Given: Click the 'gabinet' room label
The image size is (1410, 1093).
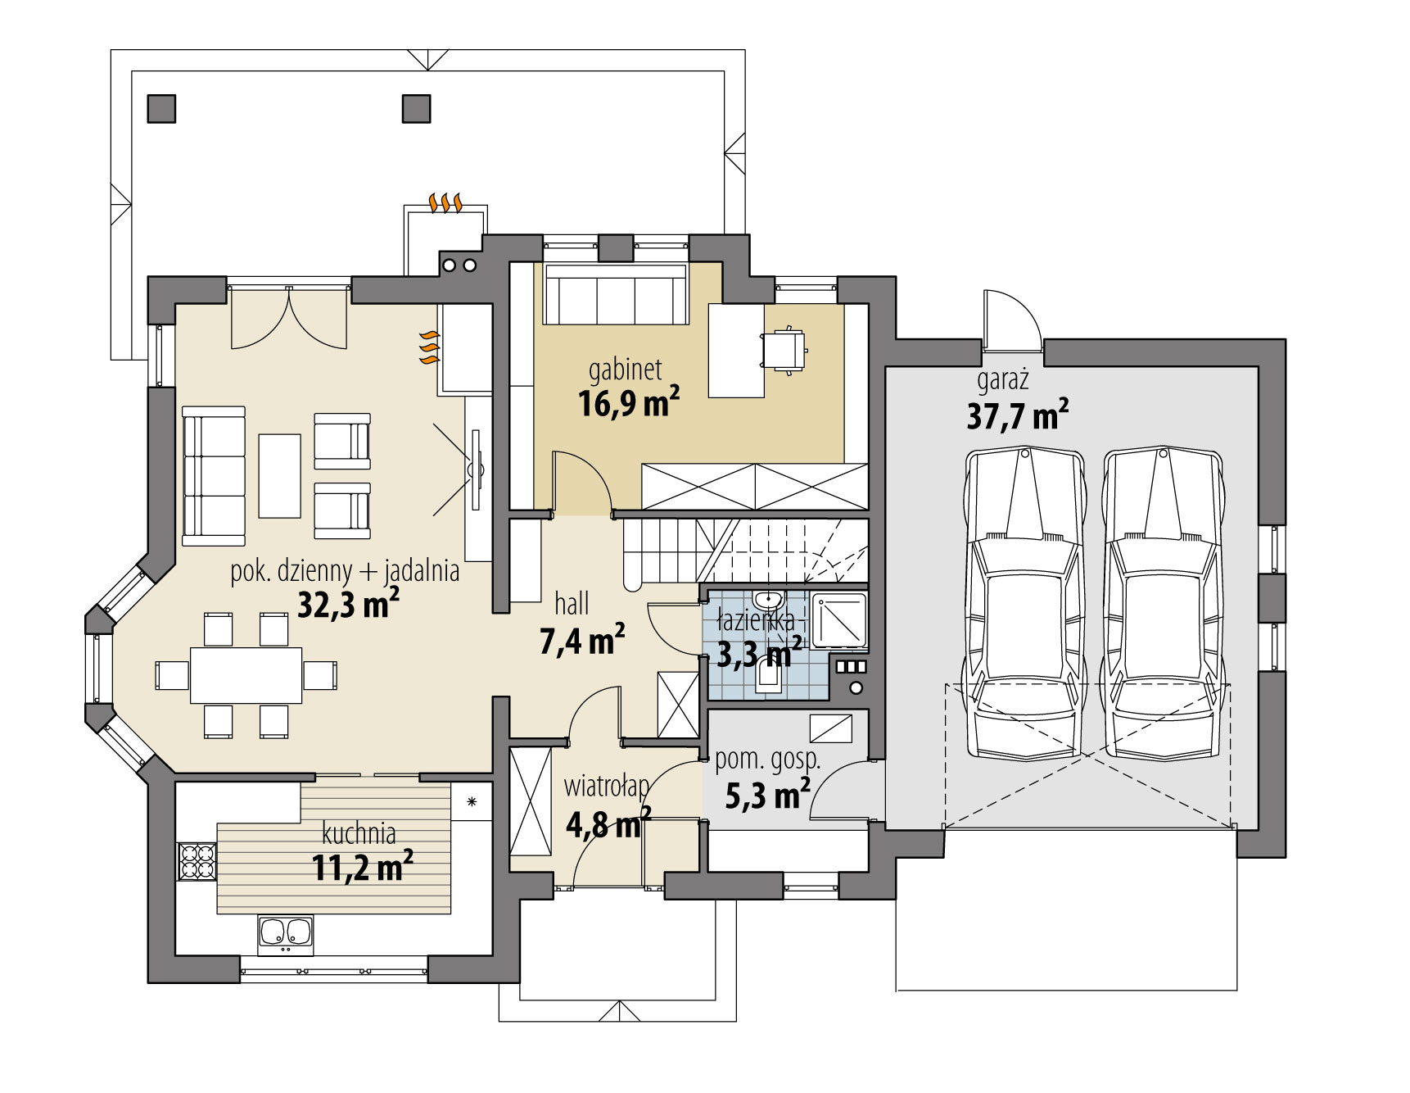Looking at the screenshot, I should tap(625, 370).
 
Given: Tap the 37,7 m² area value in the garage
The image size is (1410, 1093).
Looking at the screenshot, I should tap(1017, 415).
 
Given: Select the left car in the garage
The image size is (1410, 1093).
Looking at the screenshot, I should tap(1025, 602).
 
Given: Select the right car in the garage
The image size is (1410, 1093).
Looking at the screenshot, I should tap(1164, 602).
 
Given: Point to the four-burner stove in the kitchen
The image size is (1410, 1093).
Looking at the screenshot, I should tap(197, 861).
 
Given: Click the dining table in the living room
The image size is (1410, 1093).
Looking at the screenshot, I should tap(246, 675).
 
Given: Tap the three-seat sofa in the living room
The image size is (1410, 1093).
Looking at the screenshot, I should tap(214, 475).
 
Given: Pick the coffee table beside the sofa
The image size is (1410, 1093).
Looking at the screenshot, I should tap(279, 475).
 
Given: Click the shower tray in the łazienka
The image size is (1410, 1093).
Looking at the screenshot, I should tap(839, 619).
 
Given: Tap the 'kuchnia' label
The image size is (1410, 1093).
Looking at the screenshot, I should tap(359, 834).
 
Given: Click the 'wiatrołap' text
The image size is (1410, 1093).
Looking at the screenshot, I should tap(606, 787).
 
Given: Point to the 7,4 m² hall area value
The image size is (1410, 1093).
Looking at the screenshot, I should tap(582, 641).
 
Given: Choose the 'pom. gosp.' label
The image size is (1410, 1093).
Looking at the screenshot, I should tap(767, 760).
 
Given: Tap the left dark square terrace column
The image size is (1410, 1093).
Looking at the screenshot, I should tap(161, 108).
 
